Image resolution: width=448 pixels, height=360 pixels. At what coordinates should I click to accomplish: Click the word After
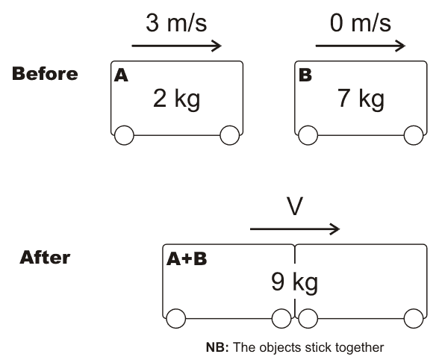(45, 258)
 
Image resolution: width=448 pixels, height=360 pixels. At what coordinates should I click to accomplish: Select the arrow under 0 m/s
(361, 46)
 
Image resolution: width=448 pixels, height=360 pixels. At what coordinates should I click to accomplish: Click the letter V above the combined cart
(295, 206)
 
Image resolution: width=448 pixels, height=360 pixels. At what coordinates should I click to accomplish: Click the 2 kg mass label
(176, 99)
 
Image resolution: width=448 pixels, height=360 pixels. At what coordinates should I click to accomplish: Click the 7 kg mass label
(361, 99)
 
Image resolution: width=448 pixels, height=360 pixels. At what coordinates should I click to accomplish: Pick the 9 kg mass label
(294, 282)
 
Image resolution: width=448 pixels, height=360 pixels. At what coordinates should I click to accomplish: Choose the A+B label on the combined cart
(187, 258)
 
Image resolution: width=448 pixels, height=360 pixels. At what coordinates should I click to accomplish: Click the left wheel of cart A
(123, 135)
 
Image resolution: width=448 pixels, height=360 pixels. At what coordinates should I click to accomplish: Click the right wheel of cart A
(229, 135)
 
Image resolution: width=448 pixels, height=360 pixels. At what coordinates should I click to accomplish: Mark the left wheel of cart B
(307, 135)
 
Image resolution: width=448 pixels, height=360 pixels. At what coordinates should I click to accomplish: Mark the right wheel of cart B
(413, 135)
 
